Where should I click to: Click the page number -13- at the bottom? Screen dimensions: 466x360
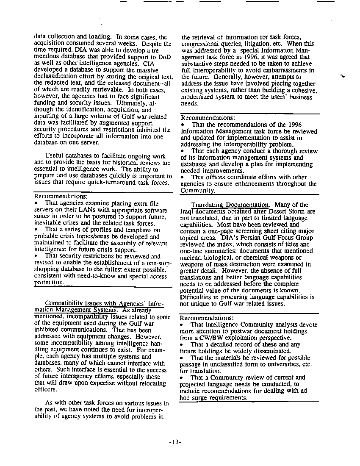[x=175, y=442]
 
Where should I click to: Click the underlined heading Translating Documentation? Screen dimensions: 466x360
[x=230, y=205]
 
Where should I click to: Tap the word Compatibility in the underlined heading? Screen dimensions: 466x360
[x=63, y=303]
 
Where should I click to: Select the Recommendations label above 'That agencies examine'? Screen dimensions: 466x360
[x=61, y=197]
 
